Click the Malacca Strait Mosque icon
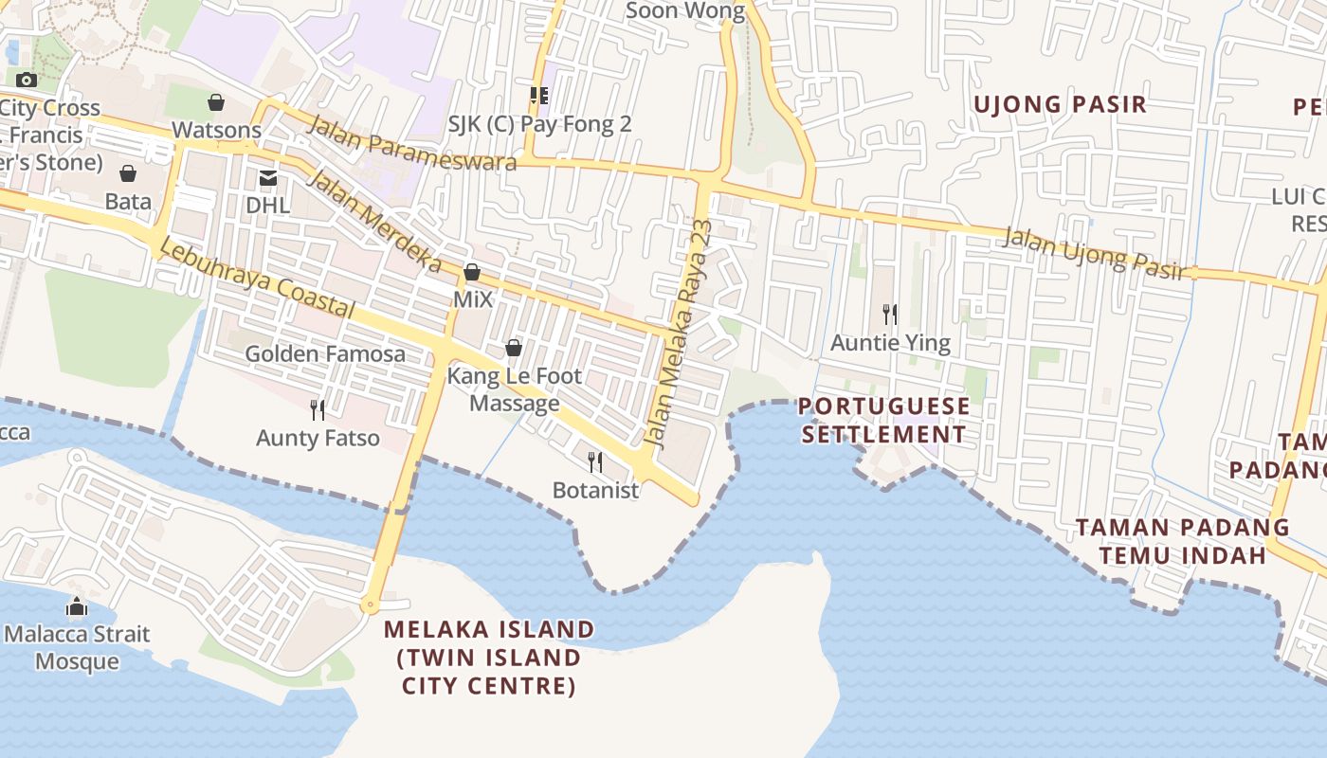[x=77, y=606]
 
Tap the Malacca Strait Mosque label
[x=77, y=647]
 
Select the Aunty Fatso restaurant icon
[x=318, y=409]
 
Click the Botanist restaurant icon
[x=595, y=461]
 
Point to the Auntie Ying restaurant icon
[x=890, y=314]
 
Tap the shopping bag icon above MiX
[x=472, y=273]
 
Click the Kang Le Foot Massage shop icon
[x=514, y=348]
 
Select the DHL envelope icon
[x=267, y=177]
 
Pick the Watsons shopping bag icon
[x=216, y=102]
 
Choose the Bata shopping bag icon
[x=128, y=173]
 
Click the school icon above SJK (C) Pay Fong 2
[x=539, y=95]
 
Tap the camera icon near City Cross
[x=27, y=80]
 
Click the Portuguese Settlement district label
[x=884, y=421]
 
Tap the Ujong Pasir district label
[x=1060, y=104]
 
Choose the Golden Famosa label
[x=325, y=354]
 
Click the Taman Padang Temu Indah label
[x=1182, y=541]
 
